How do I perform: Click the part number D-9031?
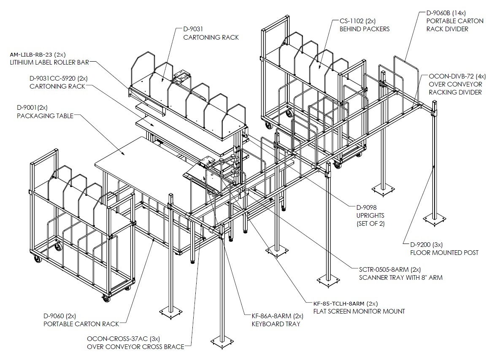point(193,29)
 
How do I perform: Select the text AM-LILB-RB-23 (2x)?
point(38,54)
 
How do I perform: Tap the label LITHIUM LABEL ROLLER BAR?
point(49,62)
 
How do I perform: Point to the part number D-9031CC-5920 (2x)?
point(59,78)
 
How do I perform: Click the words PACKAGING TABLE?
point(45,116)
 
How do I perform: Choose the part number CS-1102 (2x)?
point(357,21)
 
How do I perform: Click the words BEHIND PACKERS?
point(365,29)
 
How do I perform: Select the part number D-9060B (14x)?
point(446,13)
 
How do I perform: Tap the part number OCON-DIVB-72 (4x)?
point(457,76)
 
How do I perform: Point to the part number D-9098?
point(367,208)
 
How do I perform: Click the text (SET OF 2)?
point(370,224)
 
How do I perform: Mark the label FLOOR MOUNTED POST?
point(444,253)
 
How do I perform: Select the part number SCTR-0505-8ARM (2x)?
point(390,270)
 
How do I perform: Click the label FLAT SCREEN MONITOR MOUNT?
point(359,311)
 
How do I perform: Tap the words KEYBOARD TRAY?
point(276,324)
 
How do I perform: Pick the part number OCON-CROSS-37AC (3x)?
point(124,339)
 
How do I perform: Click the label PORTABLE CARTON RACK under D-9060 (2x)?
point(81,324)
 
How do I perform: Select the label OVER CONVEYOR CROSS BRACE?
point(136,347)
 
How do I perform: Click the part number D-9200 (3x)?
point(426,245)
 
